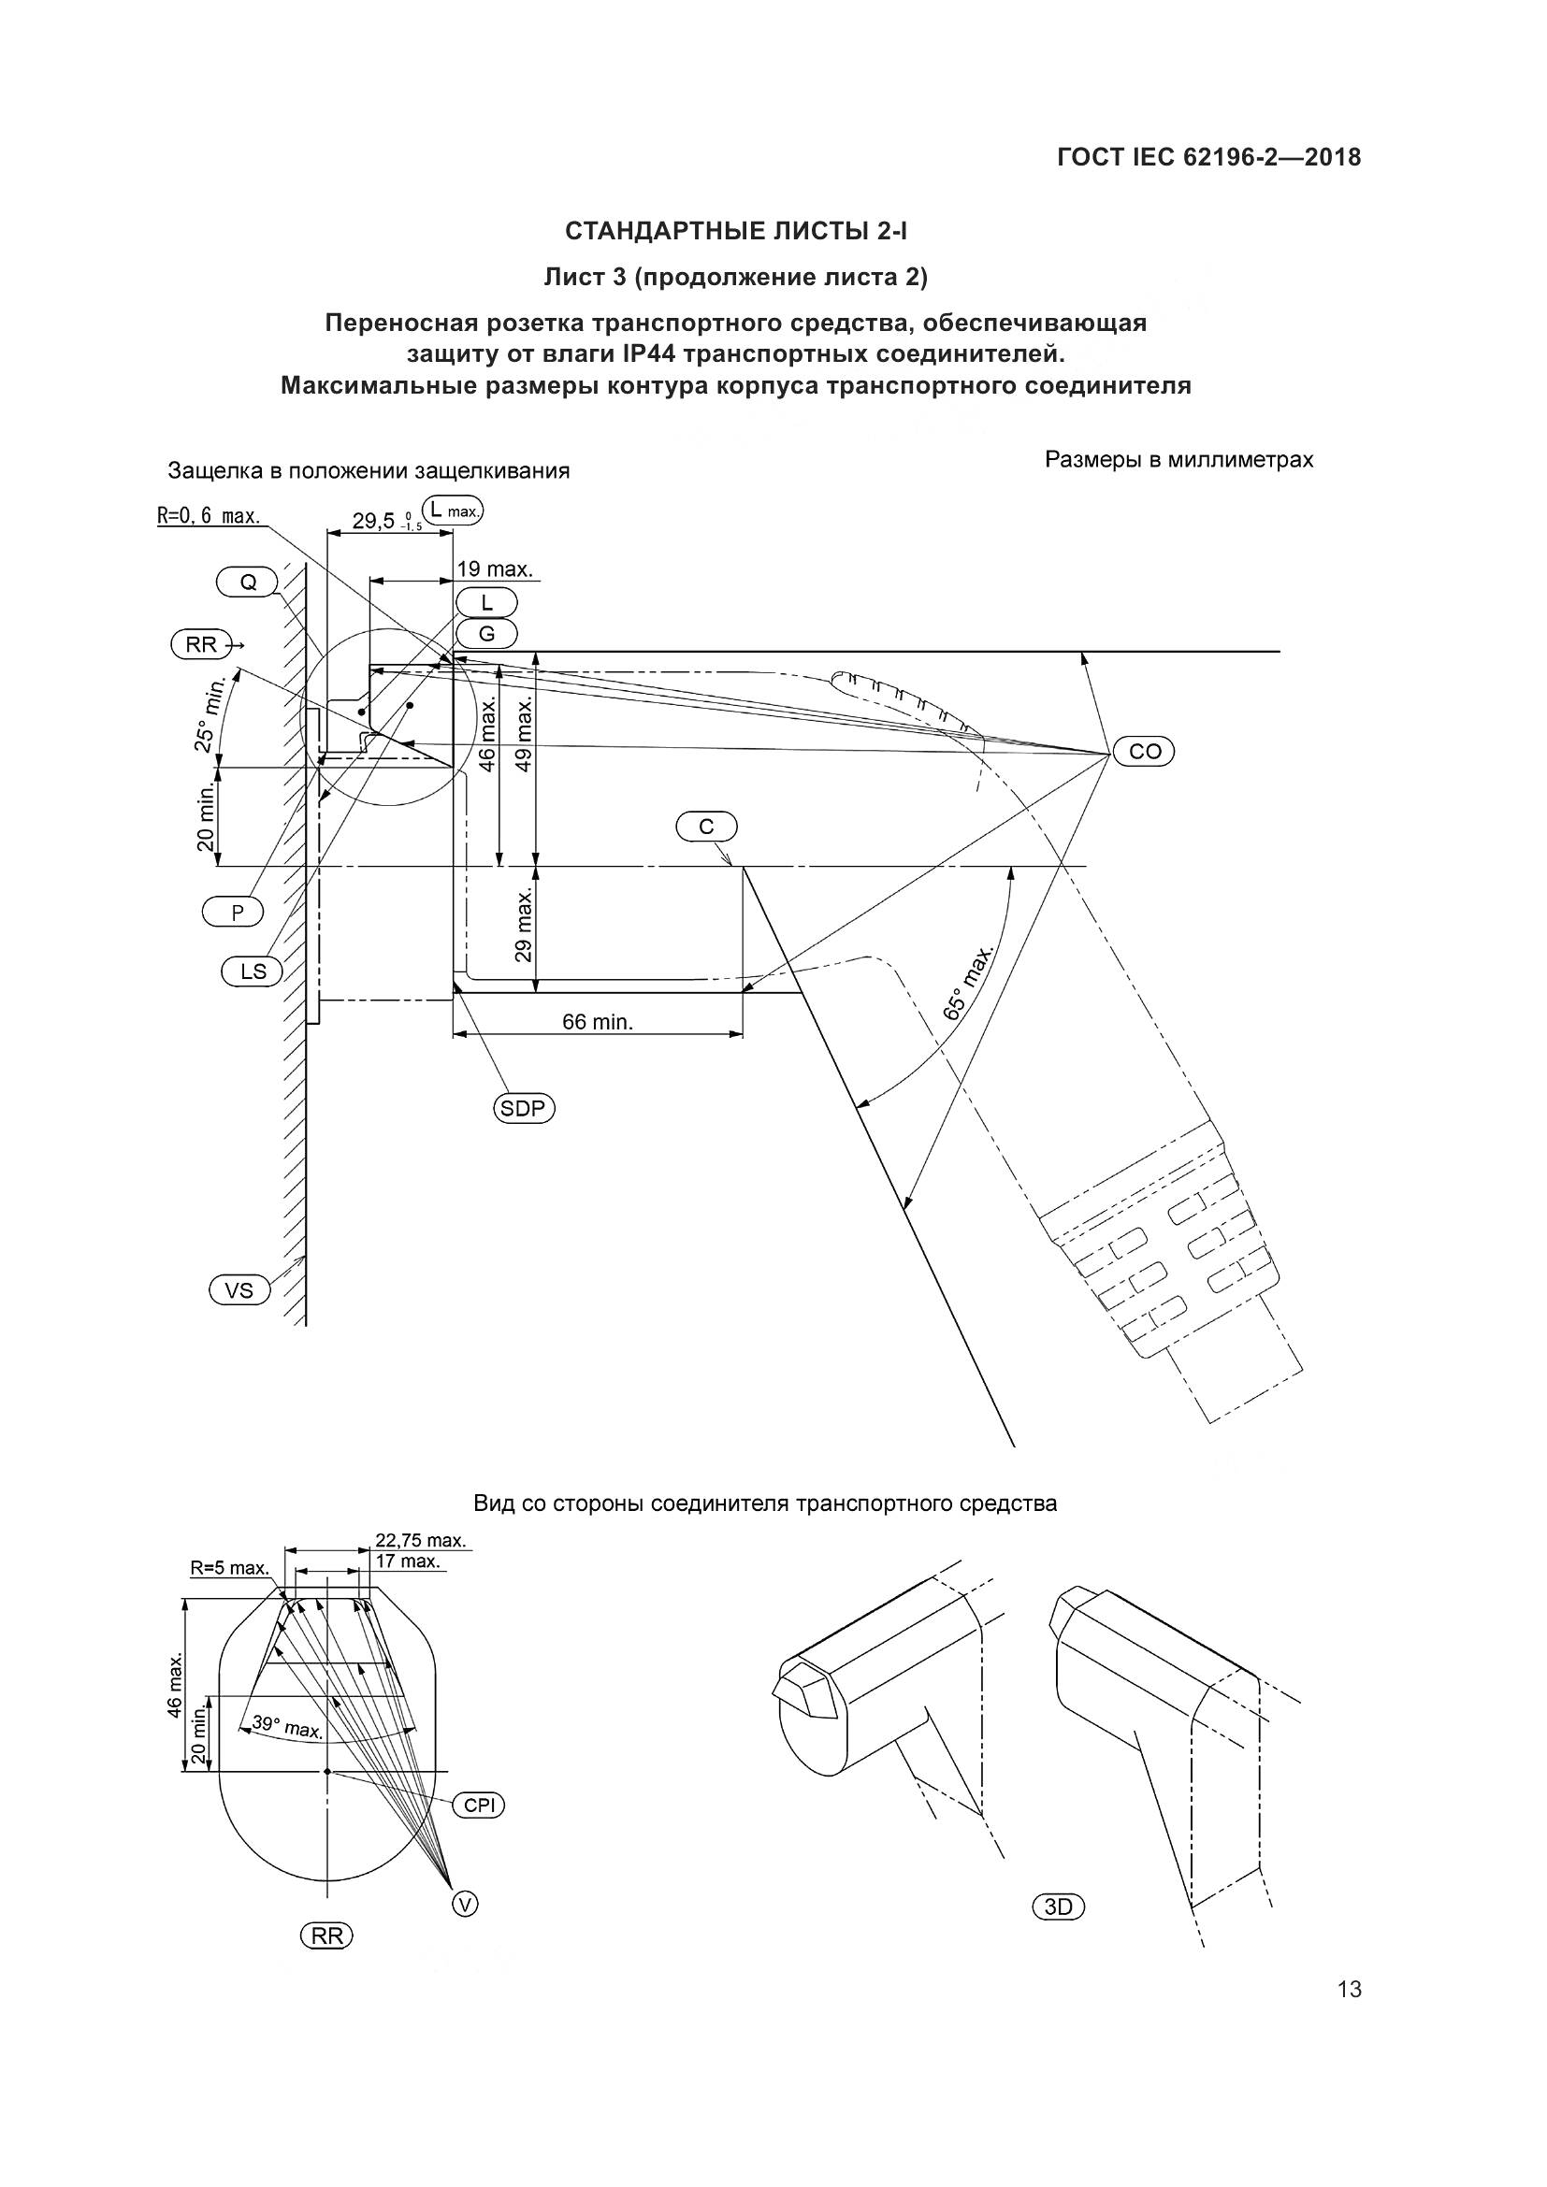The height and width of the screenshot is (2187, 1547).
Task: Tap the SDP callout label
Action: pos(524,1108)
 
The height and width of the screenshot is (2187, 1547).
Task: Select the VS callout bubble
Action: pos(239,1289)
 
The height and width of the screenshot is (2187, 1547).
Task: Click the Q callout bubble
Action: pos(247,582)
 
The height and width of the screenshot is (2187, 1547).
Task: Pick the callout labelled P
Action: pos(236,913)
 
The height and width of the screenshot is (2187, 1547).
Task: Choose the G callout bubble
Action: pos(485,632)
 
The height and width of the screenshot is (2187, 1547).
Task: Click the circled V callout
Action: pos(464,1903)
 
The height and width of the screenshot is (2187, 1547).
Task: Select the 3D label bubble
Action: pos(1059,1906)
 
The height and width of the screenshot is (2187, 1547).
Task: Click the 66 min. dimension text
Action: pos(598,1023)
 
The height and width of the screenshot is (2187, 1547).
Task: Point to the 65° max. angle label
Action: pos(968,983)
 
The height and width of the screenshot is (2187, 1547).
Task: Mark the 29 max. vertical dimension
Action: pos(523,924)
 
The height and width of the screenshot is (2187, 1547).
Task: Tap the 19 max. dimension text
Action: pos(494,569)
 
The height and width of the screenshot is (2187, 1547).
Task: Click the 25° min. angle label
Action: pos(210,715)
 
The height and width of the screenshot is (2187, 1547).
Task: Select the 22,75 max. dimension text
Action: pos(420,1540)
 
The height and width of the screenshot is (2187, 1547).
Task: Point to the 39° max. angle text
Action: pos(287,1726)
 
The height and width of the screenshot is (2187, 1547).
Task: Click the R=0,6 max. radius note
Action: pos(209,517)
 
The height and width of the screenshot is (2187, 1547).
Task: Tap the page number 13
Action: pos(1349,1990)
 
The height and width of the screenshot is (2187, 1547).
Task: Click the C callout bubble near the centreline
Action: pos(706,827)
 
